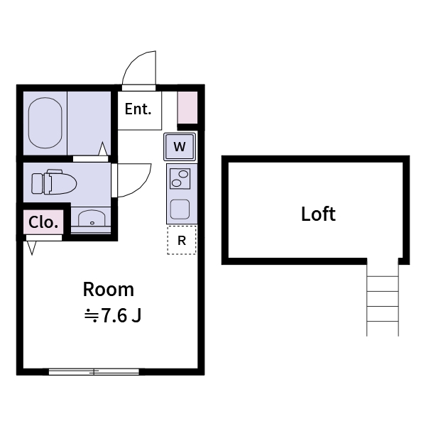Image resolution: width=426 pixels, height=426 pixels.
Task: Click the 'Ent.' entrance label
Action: click(x=138, y=109)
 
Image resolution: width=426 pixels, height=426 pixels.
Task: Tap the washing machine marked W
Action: click(x=180, y=147)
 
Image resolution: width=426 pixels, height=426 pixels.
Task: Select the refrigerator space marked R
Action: click(x=182, y=241)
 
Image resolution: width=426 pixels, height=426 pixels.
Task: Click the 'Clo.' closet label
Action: click(x=43, y=222)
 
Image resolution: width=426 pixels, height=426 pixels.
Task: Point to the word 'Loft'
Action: click(x=317, y=214)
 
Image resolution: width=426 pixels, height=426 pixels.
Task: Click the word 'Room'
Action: click(x=109, y=290)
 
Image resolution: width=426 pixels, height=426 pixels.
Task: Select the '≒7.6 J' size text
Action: click(x=114, y=316)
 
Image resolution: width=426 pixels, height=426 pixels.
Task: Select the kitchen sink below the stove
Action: click(x=180, y=209)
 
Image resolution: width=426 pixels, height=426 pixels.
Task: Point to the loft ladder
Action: click(x=383, y=298)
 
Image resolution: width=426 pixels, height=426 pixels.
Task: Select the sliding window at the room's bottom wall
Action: click(x=94, y=371)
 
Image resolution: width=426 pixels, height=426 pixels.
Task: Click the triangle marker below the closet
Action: click(x=32, y=248)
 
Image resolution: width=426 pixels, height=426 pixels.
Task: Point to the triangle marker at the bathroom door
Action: click(x=103, y=149)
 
